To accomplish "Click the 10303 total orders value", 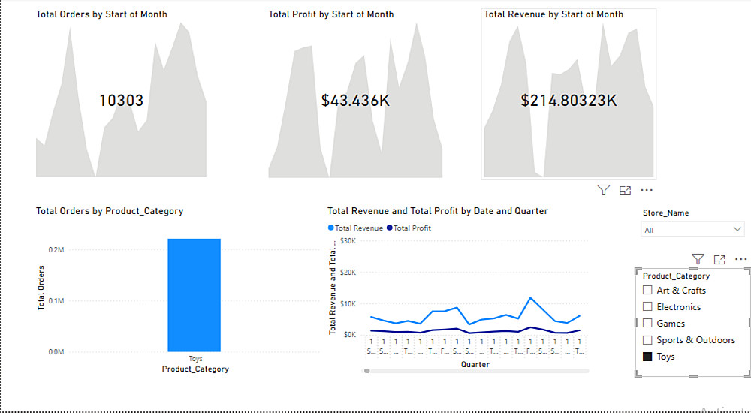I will point(121,101).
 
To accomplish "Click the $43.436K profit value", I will point(355,101).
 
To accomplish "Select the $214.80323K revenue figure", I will point(569,101).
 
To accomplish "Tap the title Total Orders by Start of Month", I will point(101,14).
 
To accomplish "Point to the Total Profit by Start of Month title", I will point(330,14).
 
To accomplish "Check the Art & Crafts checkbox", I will point(647,291).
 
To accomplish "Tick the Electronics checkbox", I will point(647,307).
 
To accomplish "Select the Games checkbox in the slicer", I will point(647,324).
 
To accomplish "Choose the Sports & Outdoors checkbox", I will point(647,340).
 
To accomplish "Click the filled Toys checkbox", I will point(647,357).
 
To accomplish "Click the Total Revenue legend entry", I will point(355,228).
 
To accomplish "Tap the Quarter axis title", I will point(475,365).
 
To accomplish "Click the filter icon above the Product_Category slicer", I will point(698,259).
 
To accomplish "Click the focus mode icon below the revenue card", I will point(625,191).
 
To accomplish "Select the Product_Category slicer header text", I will point(676,276).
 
